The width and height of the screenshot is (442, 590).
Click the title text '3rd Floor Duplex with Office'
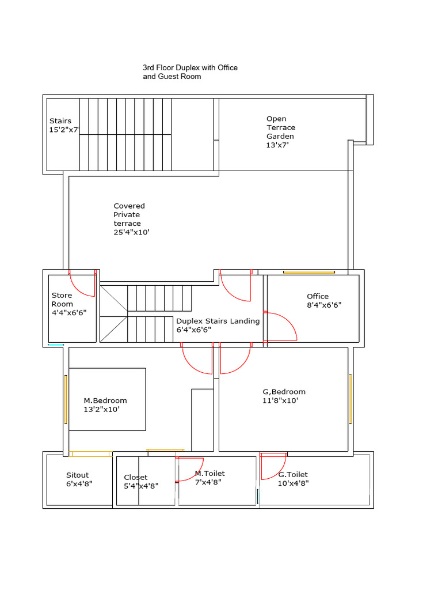pos(190,67)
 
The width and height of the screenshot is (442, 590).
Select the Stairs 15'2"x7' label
pos(63,126)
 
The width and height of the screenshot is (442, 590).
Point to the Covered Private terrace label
pos(131,219)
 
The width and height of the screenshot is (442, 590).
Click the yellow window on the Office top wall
pos(308,272)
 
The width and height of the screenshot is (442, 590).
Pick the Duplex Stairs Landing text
pos(218,321)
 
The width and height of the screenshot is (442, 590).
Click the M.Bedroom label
pos(105,400)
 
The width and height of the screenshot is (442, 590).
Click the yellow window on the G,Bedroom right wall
pos(350,399)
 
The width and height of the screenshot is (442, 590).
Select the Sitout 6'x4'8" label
pos(79,479)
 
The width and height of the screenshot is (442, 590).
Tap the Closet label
pos(136,477)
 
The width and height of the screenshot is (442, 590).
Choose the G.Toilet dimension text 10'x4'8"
pos(294,483)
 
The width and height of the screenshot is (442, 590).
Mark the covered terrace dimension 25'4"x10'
pos(131,232)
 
